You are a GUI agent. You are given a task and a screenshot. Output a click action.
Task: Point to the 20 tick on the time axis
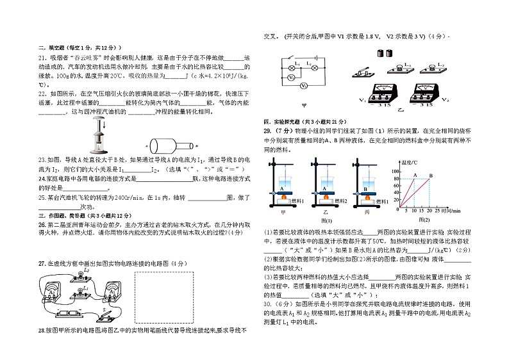[429, 209]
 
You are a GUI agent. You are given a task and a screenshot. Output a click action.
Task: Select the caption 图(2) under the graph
[423, 220]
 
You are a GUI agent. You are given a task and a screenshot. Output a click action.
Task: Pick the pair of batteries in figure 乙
[394, 54]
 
